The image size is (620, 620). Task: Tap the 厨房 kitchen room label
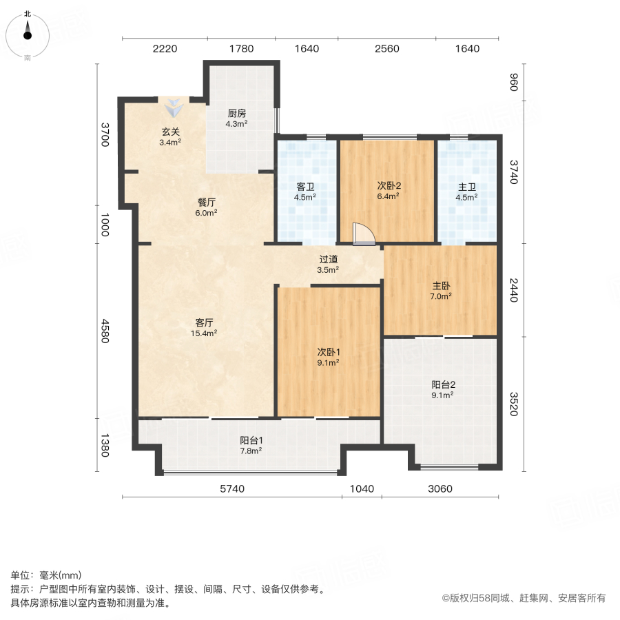[236, 114]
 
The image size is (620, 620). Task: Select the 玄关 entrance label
[171, 132]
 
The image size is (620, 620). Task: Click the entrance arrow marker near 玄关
[174, 107]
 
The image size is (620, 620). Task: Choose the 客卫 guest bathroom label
[306, 186]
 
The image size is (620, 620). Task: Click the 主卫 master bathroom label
[467, 186]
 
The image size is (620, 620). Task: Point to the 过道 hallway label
[328, 260]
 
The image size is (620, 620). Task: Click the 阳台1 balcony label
[251, 440]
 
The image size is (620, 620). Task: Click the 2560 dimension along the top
[387, 48]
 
